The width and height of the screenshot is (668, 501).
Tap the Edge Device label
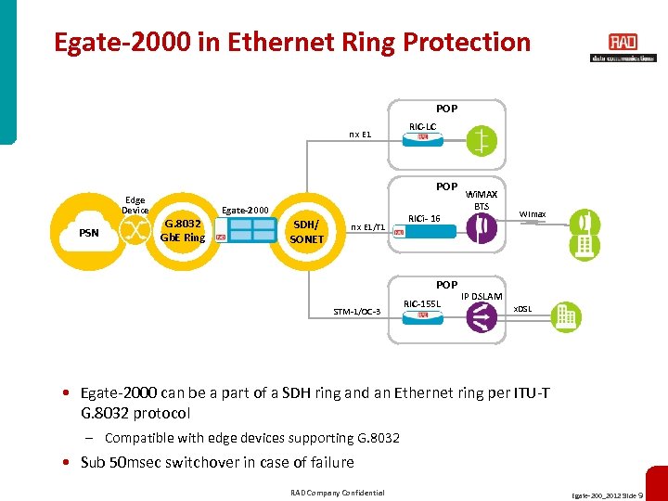point(135,205)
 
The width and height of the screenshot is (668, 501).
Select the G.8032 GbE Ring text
point(182,230)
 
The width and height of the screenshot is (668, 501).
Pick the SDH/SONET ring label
point(307,232)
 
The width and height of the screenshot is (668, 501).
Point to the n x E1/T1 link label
point(367,226)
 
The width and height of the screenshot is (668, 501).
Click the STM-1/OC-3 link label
point(357,312)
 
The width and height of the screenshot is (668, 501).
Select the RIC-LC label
point(422,126)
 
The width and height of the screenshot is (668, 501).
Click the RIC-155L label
point(422,303)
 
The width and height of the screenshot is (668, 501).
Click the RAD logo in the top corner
point(623,43)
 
